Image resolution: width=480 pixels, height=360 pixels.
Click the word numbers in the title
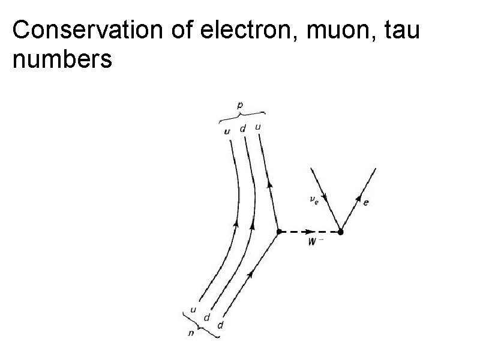(62, 60)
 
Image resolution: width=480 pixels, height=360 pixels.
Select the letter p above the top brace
(241, 106)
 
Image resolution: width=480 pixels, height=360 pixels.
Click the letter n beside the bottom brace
(191, 334)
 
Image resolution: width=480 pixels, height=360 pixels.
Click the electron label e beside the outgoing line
(366, 203)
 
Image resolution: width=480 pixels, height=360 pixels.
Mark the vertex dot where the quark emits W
(279, 231)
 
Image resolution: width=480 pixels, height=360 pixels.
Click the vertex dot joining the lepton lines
(341, 231)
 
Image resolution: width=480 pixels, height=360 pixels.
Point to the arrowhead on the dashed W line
(310, 231)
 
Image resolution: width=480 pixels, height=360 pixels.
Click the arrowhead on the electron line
(359, 199)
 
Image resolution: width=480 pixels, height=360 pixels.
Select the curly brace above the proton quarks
(241, 115)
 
